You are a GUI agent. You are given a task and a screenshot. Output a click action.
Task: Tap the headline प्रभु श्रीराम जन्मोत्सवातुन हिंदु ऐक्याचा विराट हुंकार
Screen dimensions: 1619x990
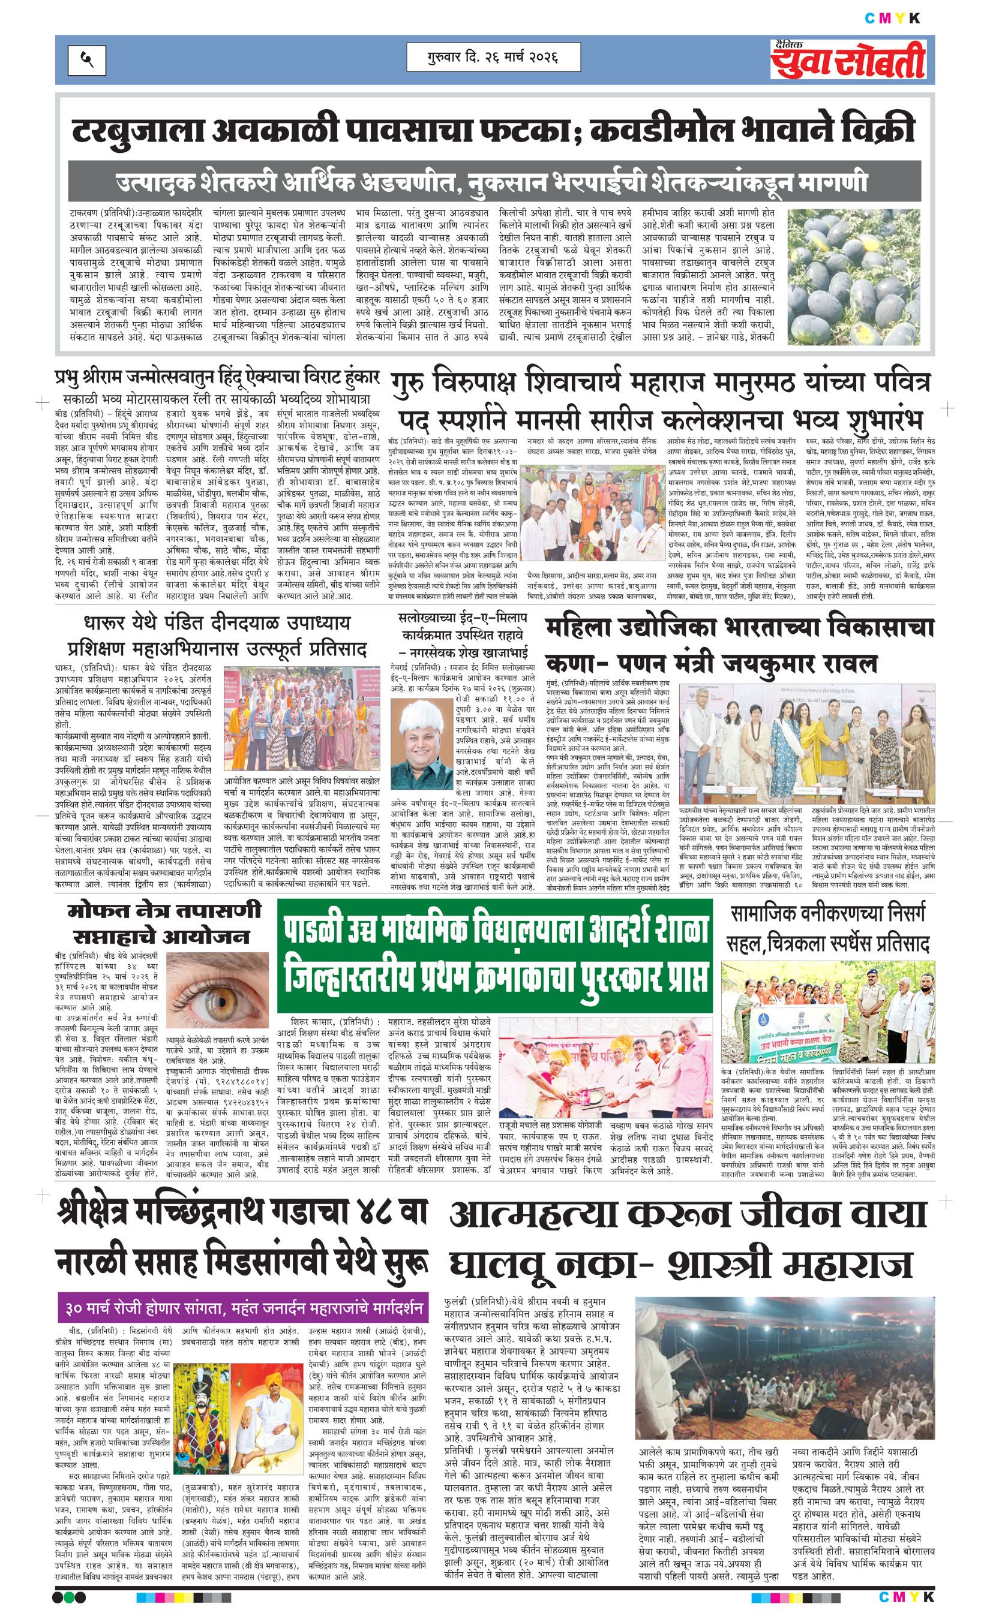coord(218,378)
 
